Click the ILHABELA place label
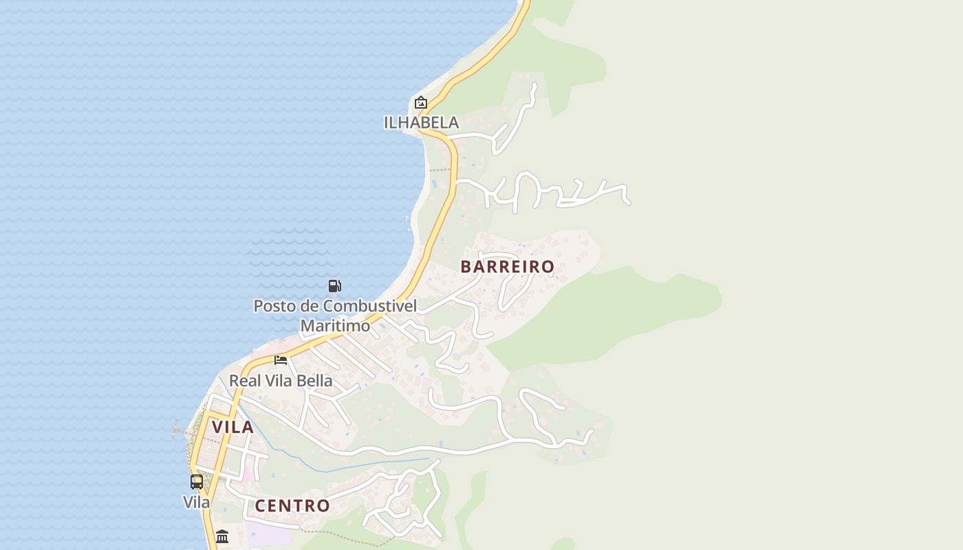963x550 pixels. coord(421,122)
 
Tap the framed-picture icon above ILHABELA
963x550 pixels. coord(421,103)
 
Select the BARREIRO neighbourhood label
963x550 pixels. coord(508,267)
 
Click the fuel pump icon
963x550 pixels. coord(335,286)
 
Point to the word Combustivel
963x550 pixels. coord(370,306)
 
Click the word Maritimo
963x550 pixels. coord(335,325)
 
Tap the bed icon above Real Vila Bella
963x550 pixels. coord(281,360)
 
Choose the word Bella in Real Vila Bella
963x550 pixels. coord(316,381)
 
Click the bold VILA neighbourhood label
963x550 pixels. coord(233,427)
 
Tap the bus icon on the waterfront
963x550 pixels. coord(197,481)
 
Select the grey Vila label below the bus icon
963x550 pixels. coord(197,503)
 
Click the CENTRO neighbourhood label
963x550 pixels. coord(292,506)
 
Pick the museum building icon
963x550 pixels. coord(222,536)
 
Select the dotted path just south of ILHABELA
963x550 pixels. coord(439,169)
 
